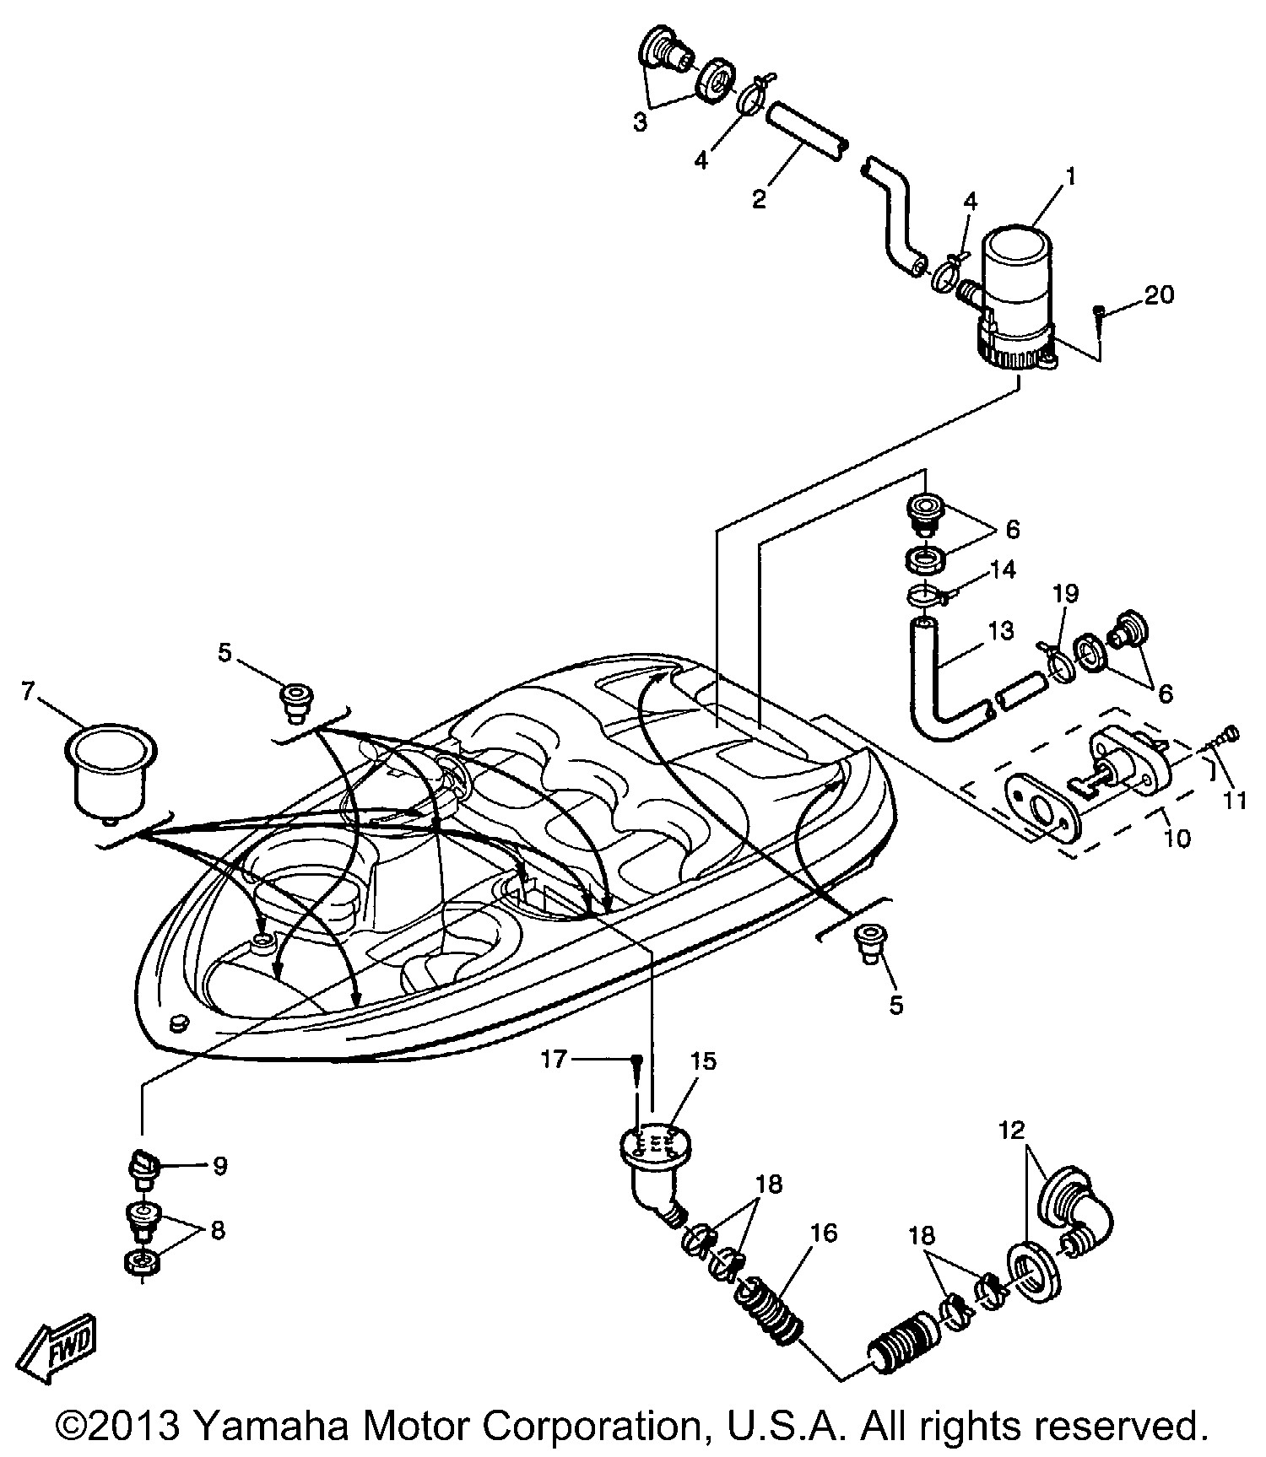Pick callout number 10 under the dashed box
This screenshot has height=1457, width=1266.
1177,838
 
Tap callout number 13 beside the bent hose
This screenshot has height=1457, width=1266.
1000,630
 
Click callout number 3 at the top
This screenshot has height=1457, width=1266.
641,122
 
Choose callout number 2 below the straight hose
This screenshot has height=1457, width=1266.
759,199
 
